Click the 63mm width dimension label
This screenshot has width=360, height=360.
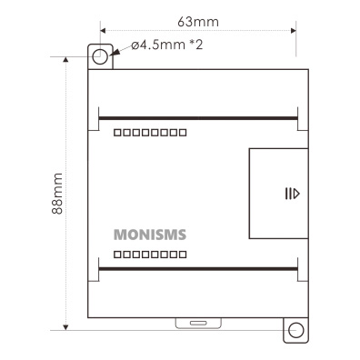click(198, 22)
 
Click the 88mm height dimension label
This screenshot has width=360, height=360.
click(57, 194)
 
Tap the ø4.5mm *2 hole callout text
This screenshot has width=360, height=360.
click(167, 45)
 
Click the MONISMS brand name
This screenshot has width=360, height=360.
click(150, 235)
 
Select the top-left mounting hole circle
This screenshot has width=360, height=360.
click(100, 56)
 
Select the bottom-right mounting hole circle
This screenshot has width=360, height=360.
click(296, 330)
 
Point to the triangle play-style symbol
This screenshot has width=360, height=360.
click(296, 194)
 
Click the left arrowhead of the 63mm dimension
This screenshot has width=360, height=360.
click(103, 31)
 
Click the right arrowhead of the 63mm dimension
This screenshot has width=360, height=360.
click(294, 31)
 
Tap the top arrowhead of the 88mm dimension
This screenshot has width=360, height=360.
click(65, 59)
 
